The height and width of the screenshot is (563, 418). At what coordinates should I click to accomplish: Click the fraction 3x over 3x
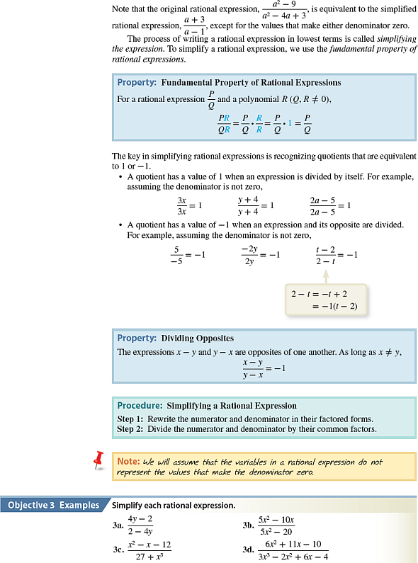coord(182,205)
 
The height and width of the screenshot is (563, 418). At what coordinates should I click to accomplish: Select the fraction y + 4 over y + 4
coord(248,205)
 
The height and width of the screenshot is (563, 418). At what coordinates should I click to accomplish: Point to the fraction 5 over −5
coord(176,254)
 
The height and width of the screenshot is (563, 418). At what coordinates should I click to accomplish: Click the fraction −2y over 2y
coord(249,254)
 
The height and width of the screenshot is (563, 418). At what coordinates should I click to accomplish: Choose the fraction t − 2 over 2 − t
coord(326,254)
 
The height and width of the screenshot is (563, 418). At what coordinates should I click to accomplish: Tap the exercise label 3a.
coord(118,526)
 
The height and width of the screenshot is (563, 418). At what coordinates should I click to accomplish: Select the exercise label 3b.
coord(249,526)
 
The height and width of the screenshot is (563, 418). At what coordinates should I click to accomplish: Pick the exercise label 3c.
coord(118,550)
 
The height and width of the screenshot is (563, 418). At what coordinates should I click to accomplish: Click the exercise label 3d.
coord(249,550)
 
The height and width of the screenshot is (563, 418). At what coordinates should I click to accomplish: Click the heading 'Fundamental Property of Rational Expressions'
coord(251,83)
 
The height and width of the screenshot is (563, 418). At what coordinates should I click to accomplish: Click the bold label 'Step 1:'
coord(130,418)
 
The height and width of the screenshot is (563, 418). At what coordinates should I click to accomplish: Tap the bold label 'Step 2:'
coord(130,428)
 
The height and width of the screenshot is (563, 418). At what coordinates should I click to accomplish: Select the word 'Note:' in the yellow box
coord(128,462)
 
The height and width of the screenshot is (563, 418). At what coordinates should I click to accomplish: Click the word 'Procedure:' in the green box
coord(140,406)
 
